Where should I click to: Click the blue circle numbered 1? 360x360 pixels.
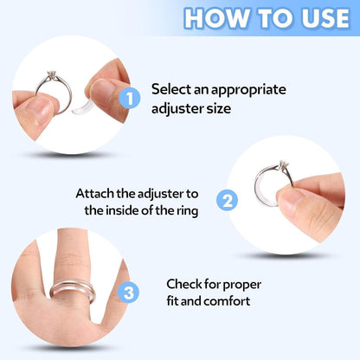pyautogui.click(x=127, y=99)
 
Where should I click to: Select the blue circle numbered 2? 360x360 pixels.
pyautogui.click(x=228, y=201)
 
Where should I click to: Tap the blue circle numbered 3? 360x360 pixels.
pyautogui.click(x=127, y=293)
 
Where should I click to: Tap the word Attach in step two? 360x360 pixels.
pyautogui.click(x=96, y=192)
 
